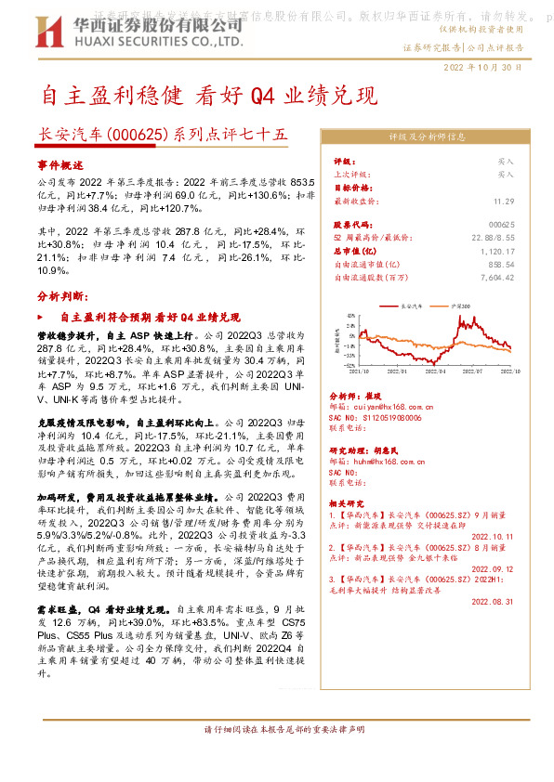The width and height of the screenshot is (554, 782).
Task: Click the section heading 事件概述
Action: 59,164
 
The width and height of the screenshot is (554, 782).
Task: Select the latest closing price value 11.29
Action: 504,201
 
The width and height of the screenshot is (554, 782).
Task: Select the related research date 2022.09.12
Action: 493,569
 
